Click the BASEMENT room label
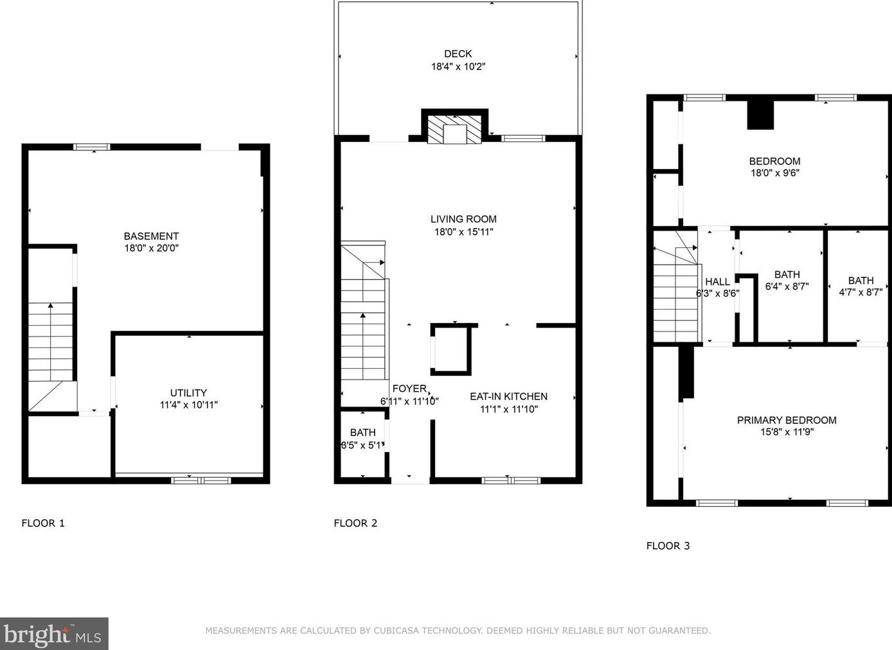(151, 236)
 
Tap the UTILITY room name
(188, 393)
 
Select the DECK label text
(458, 54)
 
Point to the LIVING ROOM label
(463, 219)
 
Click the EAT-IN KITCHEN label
(508, 396)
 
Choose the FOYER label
(409, 389)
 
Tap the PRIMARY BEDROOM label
(787, 420)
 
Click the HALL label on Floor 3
(717, 282)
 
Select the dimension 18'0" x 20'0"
(151, 248)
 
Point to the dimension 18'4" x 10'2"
(458, 66)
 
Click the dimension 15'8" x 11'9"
(787, 432)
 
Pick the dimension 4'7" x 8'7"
(861, 292)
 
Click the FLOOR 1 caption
(43, 523)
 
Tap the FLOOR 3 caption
(668, 545)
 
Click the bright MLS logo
(53, 635)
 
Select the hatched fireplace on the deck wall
(455, 128)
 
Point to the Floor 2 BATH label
(362, 433)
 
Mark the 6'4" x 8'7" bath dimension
(787, 286)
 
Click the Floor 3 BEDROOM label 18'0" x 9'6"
(774, 161)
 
